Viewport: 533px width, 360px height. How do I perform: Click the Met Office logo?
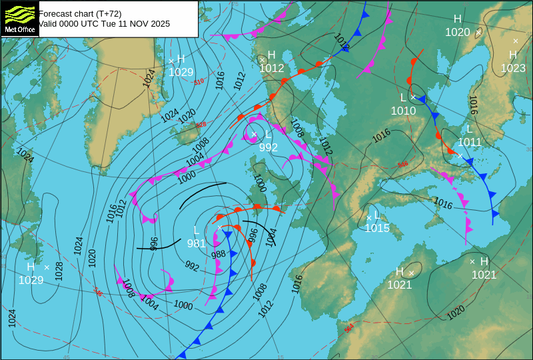19,18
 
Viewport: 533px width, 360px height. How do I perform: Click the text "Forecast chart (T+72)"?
80,13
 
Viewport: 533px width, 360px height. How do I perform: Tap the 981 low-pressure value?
196,243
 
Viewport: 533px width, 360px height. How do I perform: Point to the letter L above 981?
198,231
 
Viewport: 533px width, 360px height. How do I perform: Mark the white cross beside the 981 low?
219,227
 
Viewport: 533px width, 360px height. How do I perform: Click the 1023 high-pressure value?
513,68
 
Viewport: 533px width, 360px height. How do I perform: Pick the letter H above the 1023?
513,55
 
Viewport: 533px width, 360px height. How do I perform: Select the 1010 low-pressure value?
403,111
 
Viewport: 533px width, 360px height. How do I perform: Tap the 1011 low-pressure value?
469,142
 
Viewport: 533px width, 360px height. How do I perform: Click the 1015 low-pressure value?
376,228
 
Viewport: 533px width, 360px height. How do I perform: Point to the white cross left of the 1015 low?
368,217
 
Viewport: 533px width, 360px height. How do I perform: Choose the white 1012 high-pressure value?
272,68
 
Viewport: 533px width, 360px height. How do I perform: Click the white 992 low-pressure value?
268,147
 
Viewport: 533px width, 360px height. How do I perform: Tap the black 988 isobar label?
219,255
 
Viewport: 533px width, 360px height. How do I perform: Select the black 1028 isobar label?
59,270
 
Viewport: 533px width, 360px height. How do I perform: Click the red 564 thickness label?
349,328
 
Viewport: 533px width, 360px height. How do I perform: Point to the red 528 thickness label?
201,125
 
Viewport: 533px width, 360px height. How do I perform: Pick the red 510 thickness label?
199,81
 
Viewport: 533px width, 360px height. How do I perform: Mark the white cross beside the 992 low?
254,134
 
